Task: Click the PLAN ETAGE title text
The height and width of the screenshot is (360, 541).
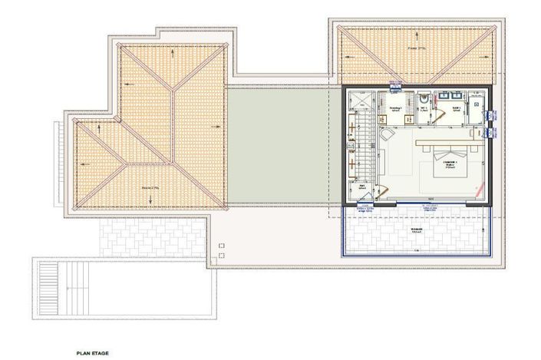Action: (x=93, y=353)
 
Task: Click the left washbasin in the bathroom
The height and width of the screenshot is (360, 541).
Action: (x=444, y=97)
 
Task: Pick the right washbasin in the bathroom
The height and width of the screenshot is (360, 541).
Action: (x=459, y=97)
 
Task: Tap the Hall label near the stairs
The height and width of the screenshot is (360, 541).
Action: (x=362, y=186)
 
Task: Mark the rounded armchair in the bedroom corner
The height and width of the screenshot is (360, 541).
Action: (x=384, y=133)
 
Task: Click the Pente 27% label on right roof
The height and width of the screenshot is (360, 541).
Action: (x=417, y=48)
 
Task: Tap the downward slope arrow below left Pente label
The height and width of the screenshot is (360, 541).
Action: (x=151, y=200)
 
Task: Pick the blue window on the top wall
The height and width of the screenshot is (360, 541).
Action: (x=395, y=83)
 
